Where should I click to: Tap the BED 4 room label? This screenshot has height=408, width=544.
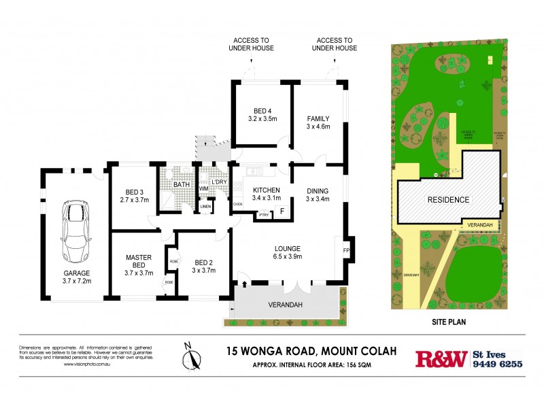[262, 112]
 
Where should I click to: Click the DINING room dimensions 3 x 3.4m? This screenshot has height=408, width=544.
[318, 199]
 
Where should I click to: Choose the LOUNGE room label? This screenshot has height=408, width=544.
[288, 248]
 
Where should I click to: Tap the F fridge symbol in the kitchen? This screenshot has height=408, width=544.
[282, 211]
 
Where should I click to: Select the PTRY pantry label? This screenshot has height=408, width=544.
[262, 216]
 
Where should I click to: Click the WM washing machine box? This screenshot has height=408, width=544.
[203, 188]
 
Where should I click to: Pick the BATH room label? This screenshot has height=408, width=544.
[182, 184]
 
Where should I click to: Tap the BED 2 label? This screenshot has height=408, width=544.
[204, 262]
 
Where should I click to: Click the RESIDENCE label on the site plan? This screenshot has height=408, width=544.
[448, 200]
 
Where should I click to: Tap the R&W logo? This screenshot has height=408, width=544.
[441, 358]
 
